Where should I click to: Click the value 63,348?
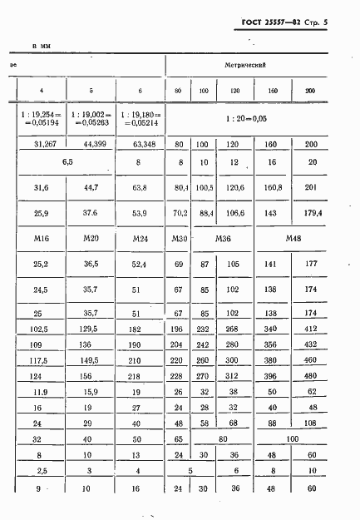click(141, 144)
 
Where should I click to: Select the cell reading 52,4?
click(140, 266)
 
